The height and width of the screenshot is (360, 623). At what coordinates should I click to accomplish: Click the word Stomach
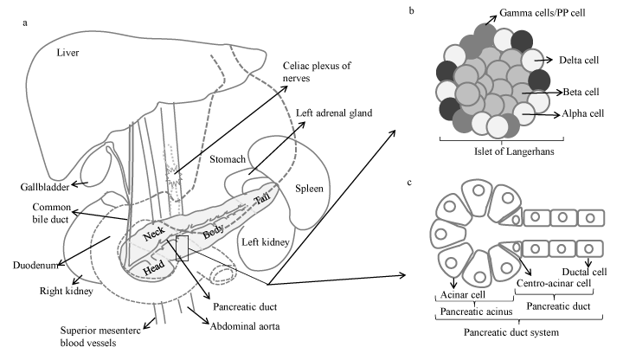pos(229,159)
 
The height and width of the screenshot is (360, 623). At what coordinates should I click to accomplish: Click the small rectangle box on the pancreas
pos(182,247)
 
